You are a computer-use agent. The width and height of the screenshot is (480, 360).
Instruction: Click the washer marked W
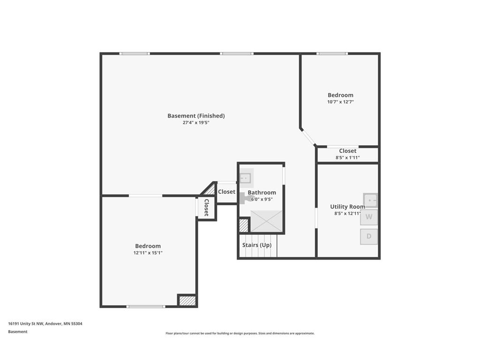[x=369, y=217]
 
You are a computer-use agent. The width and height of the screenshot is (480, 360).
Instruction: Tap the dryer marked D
[x=369, y=236]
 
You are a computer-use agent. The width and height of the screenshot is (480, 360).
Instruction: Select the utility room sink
[x=370, y=200]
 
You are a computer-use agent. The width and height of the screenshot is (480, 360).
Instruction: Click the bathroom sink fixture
[x=246, y=179]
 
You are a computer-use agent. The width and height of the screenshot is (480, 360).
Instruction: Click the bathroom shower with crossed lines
[x=267, y=221]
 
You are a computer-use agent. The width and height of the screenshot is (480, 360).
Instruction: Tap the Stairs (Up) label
[x=256, y=245]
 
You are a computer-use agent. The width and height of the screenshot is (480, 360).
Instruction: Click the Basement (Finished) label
[x=196, y=116]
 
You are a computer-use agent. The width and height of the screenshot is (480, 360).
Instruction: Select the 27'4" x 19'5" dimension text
[x=196, y=123]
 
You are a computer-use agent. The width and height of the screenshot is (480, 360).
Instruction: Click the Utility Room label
[x=347, y=206]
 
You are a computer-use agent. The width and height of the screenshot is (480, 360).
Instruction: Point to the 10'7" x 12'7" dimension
[x=340, y=102]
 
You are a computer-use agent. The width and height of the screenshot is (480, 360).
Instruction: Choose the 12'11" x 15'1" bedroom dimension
[x=148, y=253]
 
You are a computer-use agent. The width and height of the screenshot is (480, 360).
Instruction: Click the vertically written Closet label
[x=206, y=208]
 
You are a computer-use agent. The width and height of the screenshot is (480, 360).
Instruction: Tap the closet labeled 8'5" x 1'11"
[x=347, y=154]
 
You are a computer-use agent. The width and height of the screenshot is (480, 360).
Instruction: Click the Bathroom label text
[x=262, y=192]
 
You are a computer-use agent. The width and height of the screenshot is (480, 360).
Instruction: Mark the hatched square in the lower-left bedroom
[x=187, y=300]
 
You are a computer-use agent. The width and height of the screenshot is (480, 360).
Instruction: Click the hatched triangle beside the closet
[x=210, y=190]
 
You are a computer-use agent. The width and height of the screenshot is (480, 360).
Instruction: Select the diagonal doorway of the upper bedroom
[x=308, y=136]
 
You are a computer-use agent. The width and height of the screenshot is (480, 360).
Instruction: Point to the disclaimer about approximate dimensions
[x=240, y=333]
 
